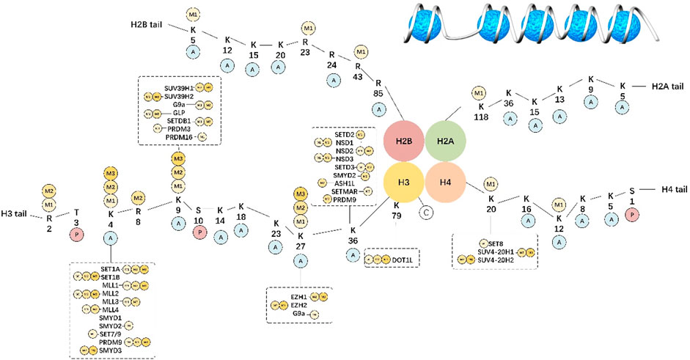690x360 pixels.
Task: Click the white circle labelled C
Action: (427, 213)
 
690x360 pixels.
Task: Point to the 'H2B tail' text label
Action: (144, 26)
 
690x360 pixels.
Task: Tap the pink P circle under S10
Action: (198, 232)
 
